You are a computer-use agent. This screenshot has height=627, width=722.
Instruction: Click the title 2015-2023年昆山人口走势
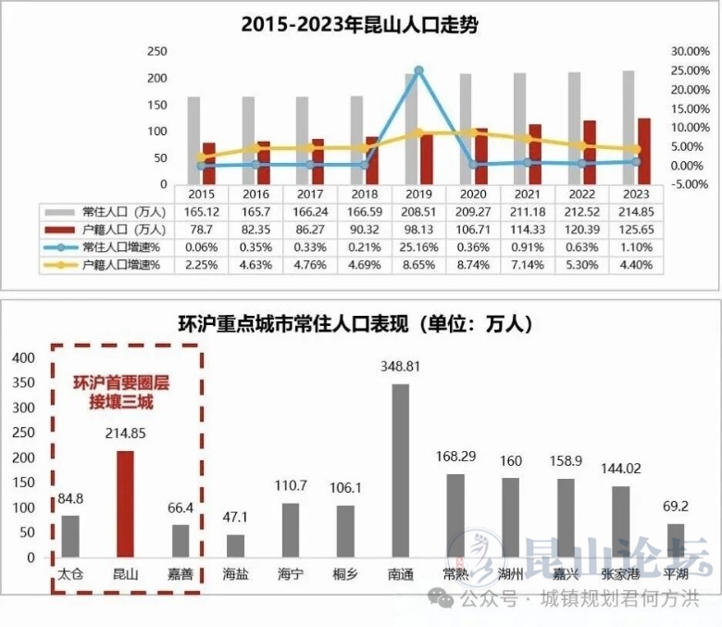[x=360, y=24]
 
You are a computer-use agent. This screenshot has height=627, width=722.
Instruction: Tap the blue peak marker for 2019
[x=418, y=70]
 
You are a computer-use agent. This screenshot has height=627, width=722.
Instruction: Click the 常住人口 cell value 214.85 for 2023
[x=635, y=212]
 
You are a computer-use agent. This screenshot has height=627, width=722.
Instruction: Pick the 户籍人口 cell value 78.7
[x=201, y=230]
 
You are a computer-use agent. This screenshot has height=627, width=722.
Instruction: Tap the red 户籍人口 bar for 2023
[x=643, y=151]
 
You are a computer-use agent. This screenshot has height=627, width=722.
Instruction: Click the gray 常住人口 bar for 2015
[x=193, y=140]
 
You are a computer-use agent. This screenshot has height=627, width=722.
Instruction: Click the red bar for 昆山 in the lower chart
[x=124, y=504]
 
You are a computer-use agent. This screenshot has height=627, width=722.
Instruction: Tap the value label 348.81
[x=400, y=367]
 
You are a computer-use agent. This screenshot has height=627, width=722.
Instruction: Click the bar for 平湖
[x=676, y=541]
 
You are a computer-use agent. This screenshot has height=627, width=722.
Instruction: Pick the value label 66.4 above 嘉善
[x=179, y=508]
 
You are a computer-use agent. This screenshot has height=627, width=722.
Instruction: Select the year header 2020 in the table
[x=472, y=194]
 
